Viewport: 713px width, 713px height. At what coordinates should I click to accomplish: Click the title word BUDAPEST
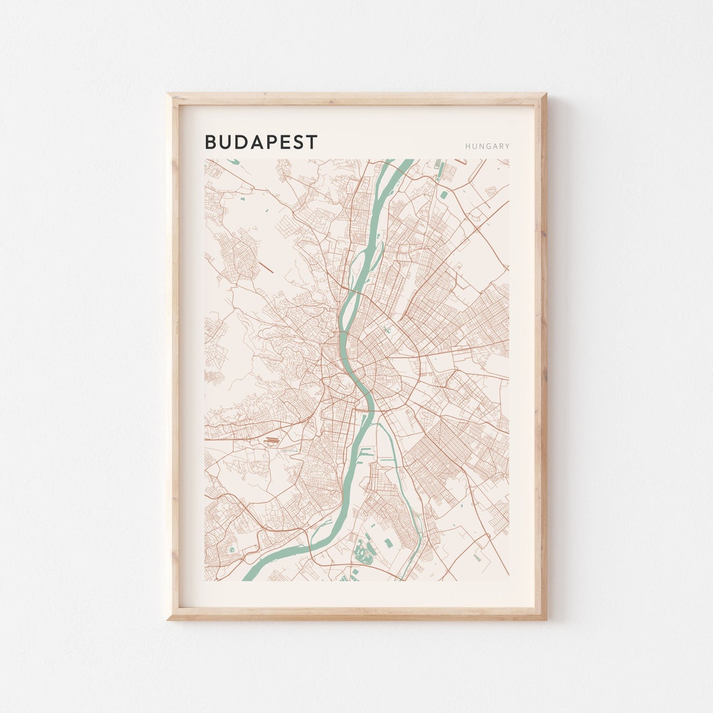point(261,142)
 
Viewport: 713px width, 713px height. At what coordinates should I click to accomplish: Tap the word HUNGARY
point(487,147)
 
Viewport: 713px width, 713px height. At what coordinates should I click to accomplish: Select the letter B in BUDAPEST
point(211,142)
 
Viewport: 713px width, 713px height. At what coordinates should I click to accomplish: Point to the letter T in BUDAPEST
point(312,142)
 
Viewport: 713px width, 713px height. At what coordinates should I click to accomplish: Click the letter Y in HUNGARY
point(507,147)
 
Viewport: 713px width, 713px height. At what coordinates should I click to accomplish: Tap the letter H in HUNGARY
point(467,147)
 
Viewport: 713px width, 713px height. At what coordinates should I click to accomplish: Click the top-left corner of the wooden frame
point(168,95)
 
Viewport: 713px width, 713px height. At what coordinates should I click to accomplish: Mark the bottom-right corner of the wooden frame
point(545,618)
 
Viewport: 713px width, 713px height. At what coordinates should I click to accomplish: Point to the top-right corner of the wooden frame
point(545,95)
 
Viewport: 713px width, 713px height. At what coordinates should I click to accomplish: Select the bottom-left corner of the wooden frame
point(168,618)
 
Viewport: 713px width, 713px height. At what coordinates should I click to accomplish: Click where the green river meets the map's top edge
point(399,160)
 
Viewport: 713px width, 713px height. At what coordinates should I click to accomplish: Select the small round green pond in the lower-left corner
point(231,549)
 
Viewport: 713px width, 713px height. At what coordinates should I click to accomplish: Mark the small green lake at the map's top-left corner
point(232,161)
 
